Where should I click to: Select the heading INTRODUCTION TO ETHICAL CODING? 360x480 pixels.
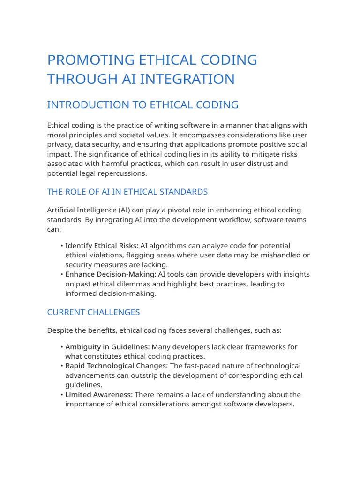coord(143,105)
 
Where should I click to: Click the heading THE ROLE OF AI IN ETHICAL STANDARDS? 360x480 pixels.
coord(127,192)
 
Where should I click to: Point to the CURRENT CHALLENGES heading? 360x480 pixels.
coord(93,312)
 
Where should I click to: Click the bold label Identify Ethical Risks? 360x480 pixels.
coord(102,246)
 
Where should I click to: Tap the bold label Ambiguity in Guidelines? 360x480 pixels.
coord(107,347)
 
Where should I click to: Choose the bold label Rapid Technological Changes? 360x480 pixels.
coord(116,366)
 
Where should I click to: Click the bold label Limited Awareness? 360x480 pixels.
coord(99,395)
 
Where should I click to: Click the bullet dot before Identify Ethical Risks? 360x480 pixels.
coord(62,246)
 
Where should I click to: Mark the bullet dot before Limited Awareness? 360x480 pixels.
coord(62,395)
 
